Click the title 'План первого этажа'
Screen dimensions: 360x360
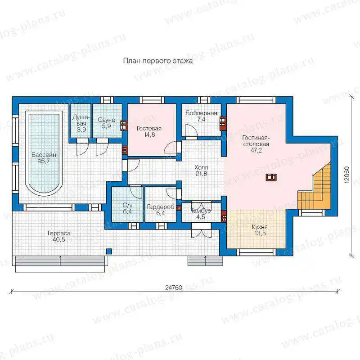158,61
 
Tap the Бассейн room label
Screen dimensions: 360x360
44,158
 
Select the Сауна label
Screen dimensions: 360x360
106,123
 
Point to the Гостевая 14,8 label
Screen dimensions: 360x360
149,131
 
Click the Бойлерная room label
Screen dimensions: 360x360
201,116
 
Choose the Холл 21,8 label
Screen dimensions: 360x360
201,171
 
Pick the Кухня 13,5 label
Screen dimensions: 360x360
260,230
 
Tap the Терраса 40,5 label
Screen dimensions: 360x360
58,236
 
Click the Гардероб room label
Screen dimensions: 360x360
161,210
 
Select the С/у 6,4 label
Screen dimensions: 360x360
127,208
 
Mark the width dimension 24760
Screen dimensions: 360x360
174,288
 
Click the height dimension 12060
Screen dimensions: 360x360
346,175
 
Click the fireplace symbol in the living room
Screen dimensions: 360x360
271,177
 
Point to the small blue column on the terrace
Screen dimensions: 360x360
109,251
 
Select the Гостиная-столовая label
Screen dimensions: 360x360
256,144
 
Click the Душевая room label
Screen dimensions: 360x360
81,123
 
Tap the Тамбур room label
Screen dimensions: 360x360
201,213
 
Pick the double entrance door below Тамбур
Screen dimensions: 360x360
201,230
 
